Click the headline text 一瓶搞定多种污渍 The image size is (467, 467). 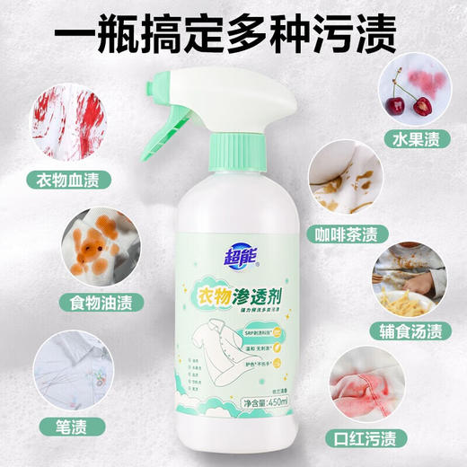233,39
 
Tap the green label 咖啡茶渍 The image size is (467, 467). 387,234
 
